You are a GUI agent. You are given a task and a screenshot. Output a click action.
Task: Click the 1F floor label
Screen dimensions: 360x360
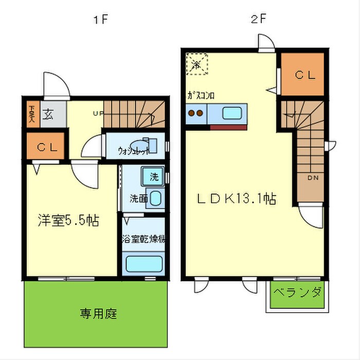pyautogui.click(x=101, y=21)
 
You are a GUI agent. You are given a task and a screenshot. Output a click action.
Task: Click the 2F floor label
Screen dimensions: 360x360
pyautogui.click(x=258, y=21)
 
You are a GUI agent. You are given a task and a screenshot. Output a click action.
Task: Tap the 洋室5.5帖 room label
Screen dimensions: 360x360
pyautogui.click(x=67, y=221)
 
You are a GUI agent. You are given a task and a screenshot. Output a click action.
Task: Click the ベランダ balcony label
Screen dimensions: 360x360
pyautogui.click(x=297, y=293)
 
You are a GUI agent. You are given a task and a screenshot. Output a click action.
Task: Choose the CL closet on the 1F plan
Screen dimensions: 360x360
pyautogui.click(x=46, y=147)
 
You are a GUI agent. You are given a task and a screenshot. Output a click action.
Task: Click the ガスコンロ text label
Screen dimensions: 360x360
pyautogui.click(x=201, y=96)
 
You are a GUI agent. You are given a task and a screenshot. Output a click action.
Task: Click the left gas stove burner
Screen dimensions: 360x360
pyautogui.click(x=190, y=113)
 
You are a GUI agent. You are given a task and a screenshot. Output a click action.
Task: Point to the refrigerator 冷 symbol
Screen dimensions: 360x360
pyautogui.click(x=195, y=65)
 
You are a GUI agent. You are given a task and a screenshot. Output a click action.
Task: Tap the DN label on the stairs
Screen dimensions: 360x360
pyautogui.click(x=312, y=178)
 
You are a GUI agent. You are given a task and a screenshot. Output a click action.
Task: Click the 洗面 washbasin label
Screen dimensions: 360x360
pyautogui.click(x=138, y=197)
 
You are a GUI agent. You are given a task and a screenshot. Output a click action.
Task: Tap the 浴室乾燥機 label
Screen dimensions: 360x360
pyautogui.click(x=143, y=239)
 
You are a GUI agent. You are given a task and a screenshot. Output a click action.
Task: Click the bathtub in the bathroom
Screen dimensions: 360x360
pyautogui.click(x=144, y=264)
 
